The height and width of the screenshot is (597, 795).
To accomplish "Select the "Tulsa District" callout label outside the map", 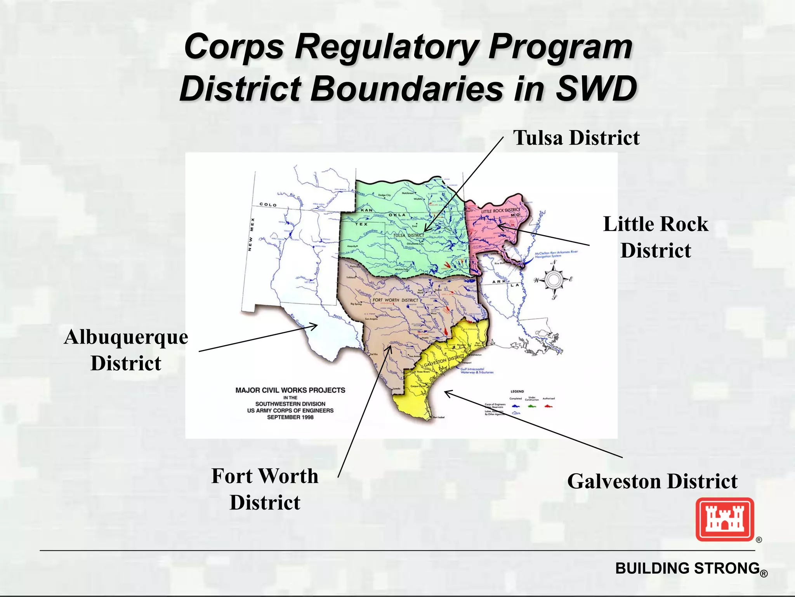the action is click(x=576, y=138).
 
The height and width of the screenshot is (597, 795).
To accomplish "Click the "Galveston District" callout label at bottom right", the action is click(x=652, y=481).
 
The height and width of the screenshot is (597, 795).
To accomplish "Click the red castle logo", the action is click(x=725, y=519).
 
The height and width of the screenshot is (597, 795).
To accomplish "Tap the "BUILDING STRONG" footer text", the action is click(x=687, y=568).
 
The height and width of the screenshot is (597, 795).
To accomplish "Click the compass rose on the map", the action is click(x=554, y=279).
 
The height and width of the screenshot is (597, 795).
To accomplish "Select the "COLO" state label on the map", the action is click(x=268, y=204).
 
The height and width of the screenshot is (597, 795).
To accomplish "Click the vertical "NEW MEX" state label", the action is click(x=251, y=234).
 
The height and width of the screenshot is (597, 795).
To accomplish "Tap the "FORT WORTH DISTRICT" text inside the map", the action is click(x=395, y=300).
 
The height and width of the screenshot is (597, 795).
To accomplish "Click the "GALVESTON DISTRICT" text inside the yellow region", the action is click(x=444, y=361).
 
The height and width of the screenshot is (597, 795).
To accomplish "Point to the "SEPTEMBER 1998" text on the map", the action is click(x=290, y=417).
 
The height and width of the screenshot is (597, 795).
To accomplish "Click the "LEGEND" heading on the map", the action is click(x=517, y=391).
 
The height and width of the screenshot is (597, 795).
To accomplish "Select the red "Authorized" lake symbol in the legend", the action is click(x=548, y=406).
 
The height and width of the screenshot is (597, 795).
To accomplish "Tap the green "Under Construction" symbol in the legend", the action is click(x=532, y=406).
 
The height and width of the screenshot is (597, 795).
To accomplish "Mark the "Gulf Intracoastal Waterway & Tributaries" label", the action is click(x=477, y=370).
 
